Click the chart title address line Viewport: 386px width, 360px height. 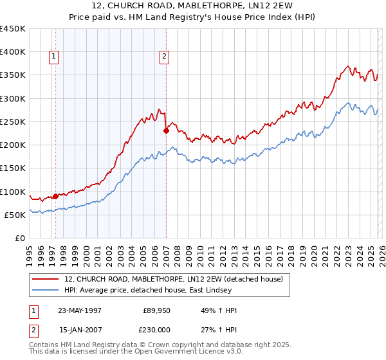click(x=193, y=6)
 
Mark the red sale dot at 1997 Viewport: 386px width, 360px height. click(x=56, y=196)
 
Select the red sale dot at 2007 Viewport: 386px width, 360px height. click(x=166, y=130)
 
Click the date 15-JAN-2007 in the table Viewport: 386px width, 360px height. click(x=79, y=329)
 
